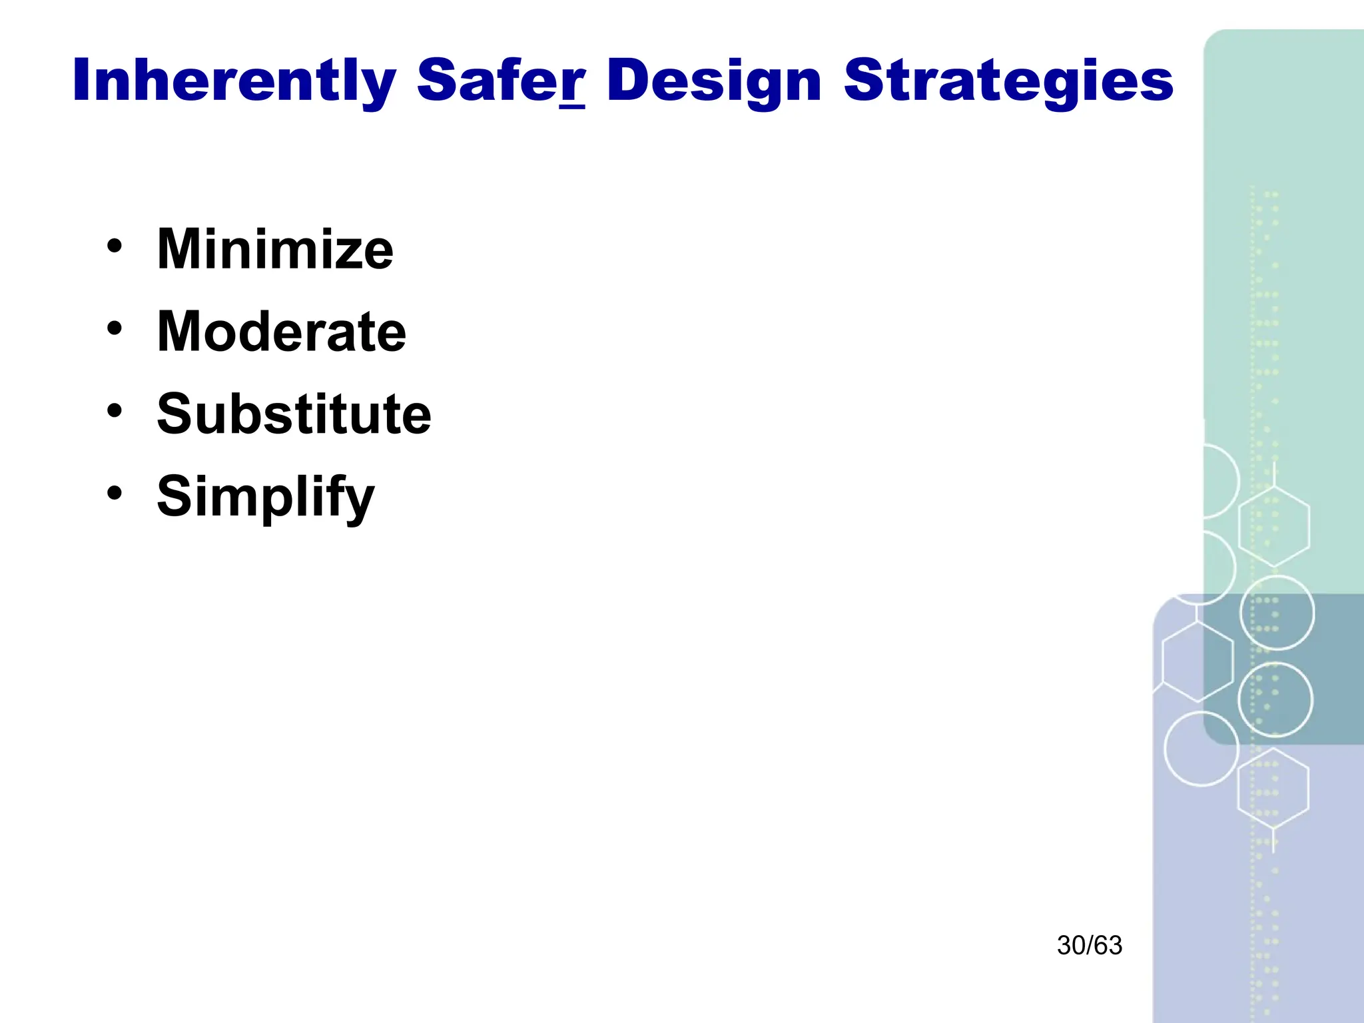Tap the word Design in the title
click(x=714, y=81)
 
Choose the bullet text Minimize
click(x=275, y=249)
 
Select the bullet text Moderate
click(x=281, y=331)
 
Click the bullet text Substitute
click(x=294, y=414)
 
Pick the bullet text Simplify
click(x=266, y=497)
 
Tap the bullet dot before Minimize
click(x=115, y=246)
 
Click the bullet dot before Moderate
click(x=115, y=328)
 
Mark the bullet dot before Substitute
click(x=115, y=410)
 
